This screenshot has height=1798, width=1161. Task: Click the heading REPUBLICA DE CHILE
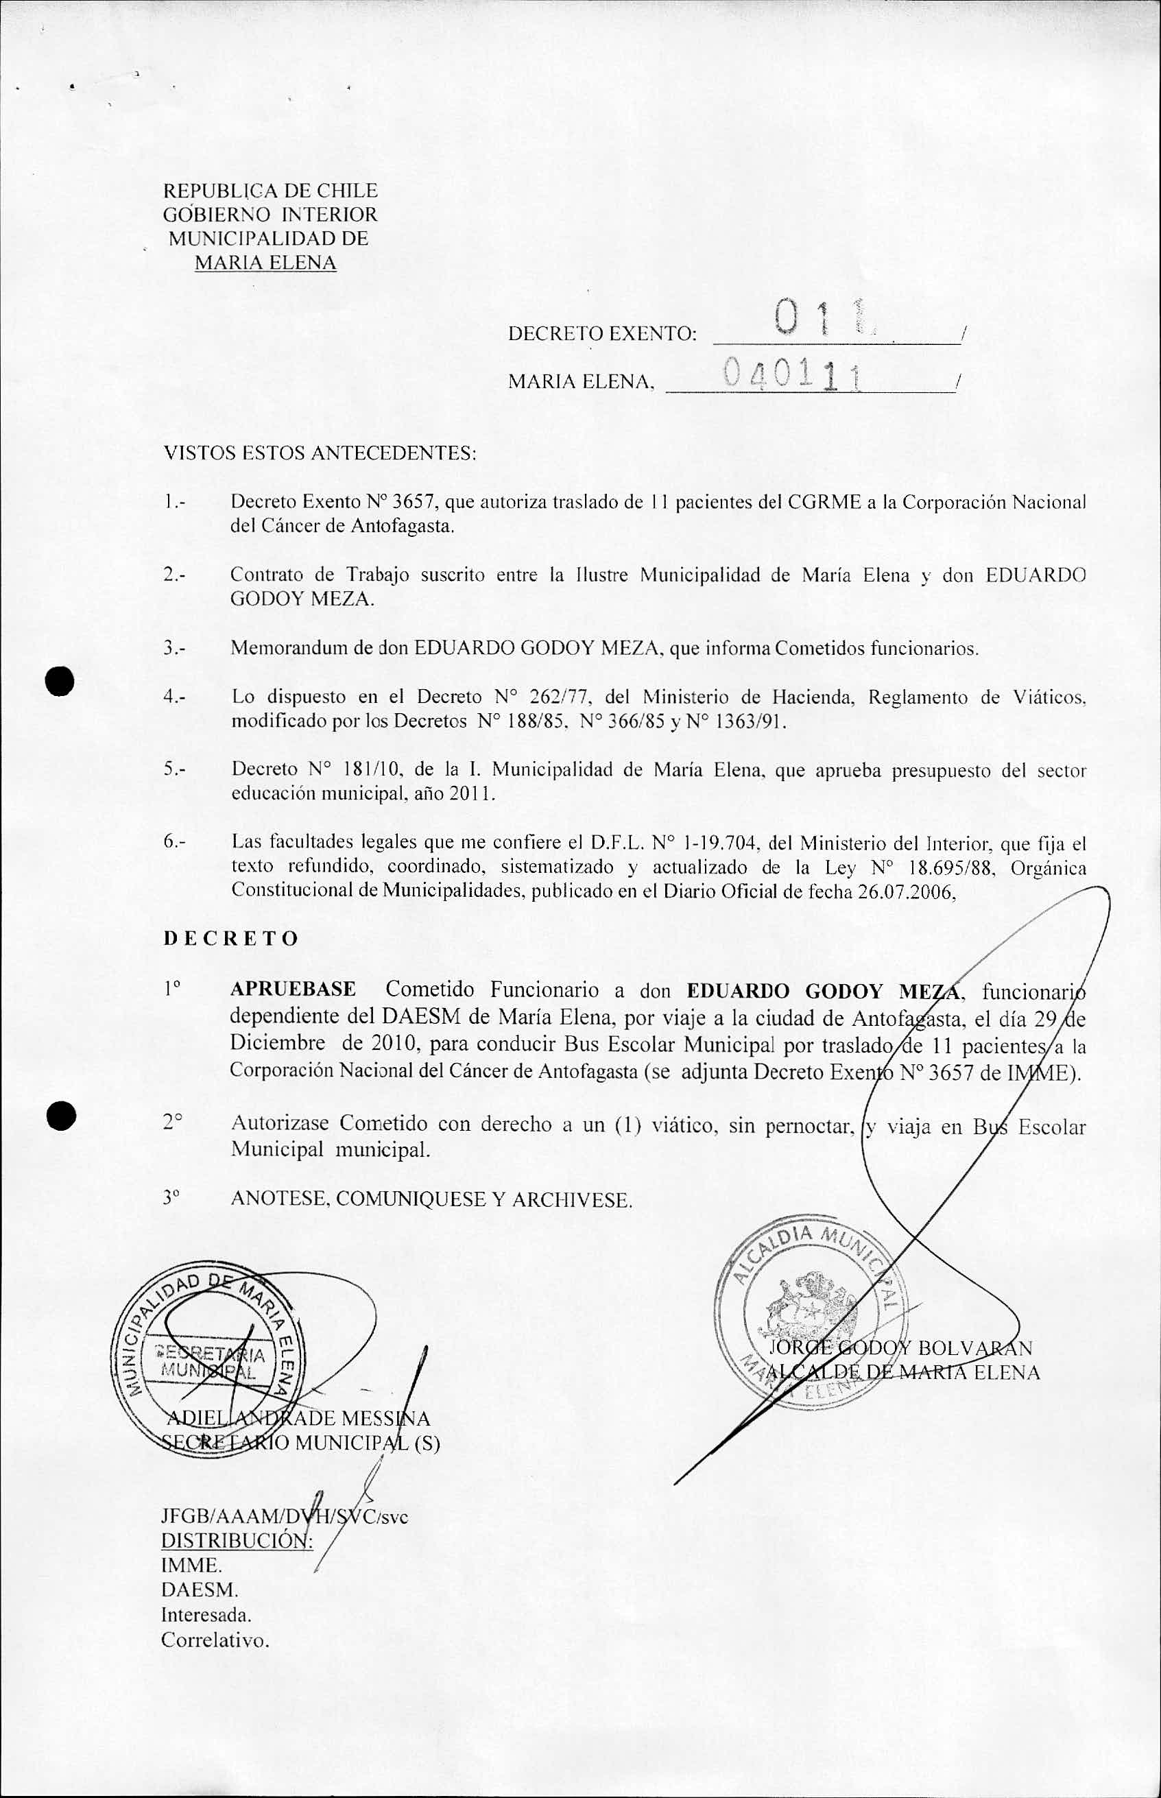coord(270,191)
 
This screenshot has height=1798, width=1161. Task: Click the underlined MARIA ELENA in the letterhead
coord(265,263)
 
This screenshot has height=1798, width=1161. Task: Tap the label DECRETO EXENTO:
coord(601,333)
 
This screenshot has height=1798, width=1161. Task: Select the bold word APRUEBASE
coord(294,989)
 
